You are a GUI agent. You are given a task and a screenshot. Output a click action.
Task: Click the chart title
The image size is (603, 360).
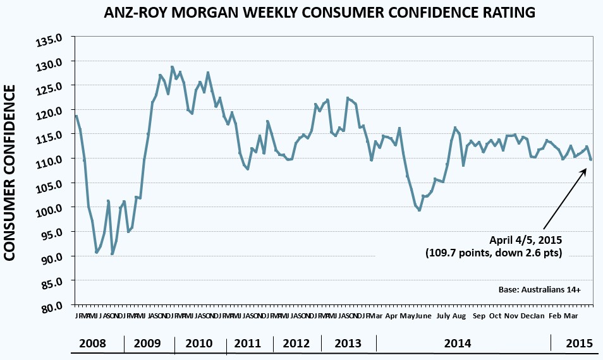coord(301,12)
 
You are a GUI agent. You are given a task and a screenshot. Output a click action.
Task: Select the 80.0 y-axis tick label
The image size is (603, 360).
coord(53,307)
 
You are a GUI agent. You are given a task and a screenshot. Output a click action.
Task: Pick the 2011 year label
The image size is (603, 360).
coord(248,344)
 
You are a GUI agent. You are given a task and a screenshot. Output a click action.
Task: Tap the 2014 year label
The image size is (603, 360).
coord(457,344)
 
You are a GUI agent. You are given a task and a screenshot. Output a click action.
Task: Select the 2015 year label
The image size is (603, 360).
coord(578,344)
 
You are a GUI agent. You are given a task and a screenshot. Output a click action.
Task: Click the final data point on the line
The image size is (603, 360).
coord(591,159)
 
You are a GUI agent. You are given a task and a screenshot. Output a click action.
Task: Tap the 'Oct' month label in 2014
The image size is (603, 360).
coord(495,315)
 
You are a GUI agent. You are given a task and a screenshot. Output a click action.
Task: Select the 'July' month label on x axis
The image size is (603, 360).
coord(443,315)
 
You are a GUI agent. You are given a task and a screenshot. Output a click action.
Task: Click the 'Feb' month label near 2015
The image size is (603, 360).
coord(555,315)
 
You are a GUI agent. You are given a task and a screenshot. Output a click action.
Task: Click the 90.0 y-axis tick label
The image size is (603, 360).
coord(53,258)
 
